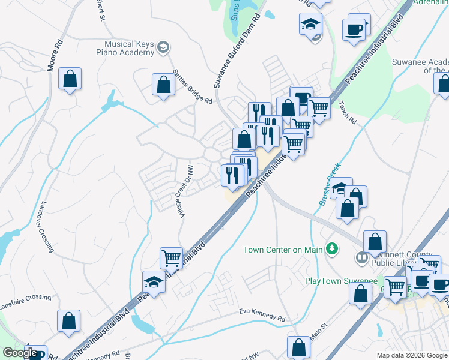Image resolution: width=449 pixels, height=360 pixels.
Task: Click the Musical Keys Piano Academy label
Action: tap(129, 48)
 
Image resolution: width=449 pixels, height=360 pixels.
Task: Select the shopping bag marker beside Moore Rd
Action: tap(70, 79)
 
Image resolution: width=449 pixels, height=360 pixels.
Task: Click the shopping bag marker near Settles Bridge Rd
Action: tap(163, 85)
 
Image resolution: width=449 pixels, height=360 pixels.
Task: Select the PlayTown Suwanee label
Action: tap(341, 281)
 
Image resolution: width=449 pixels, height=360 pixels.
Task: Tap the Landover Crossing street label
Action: tap(46, 226)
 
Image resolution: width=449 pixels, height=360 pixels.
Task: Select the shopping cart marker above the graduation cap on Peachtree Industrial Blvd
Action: tap(171, 258)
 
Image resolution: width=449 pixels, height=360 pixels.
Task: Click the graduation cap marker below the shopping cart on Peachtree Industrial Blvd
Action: tap(154, 282)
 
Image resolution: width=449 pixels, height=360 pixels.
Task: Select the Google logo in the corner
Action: tap(19, 353)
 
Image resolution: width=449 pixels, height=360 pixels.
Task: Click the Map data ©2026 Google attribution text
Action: tap(412, 355)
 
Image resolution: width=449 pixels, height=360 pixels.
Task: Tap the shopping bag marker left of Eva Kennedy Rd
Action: tap(69, 322)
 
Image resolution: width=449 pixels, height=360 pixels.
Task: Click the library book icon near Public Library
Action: tap(361, 259)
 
